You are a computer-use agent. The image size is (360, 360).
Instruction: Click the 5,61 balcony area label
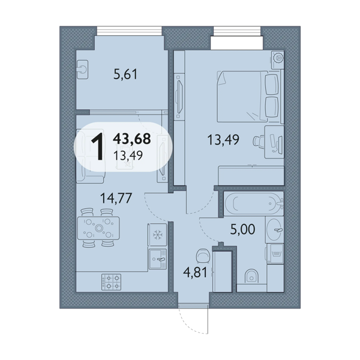pos(125,74)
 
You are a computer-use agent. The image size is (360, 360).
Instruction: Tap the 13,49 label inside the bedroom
pos(223,140)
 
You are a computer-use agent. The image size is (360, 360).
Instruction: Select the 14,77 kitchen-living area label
pos(116,198)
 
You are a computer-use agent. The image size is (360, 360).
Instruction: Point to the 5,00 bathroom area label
pos(242,229)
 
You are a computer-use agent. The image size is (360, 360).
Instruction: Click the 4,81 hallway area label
pos(196,272)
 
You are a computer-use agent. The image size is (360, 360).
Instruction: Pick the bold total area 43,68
pos(132,139)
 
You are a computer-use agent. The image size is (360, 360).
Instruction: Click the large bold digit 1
pos(98,147)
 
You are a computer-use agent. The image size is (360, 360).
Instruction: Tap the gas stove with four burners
pos(112,282)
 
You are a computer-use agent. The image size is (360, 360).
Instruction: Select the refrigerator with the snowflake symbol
pos(157,235)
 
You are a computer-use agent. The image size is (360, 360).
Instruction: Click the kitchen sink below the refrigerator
pos(158,259)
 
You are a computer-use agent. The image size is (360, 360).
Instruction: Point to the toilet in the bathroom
pos(251,276)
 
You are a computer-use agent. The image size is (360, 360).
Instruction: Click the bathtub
pos(254,203)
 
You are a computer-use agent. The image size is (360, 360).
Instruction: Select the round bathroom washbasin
pos(275,230)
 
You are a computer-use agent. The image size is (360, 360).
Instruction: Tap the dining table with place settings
pos(98,228)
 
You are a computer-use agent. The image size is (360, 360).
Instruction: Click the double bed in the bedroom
pos(249,97)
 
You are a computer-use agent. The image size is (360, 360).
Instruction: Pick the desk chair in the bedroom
pos(258,141)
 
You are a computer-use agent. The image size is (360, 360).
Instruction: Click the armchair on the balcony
pos(82,70)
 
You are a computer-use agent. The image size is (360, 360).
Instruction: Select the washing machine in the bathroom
pos(275,253)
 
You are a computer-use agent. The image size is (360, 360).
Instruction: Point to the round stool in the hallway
pos(203,256)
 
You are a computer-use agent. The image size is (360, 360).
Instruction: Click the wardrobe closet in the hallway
pos(222,271)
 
